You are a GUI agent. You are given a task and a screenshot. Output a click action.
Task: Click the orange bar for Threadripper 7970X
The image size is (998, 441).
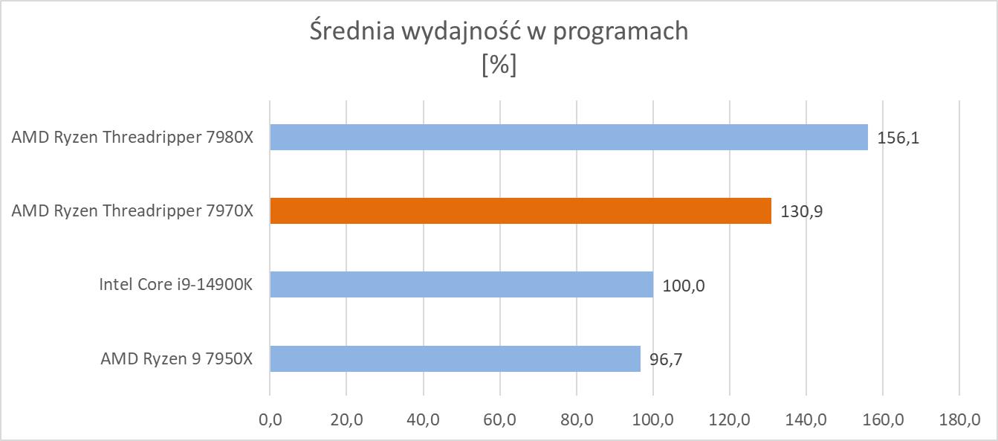pyautogui.click(x=520, y=211)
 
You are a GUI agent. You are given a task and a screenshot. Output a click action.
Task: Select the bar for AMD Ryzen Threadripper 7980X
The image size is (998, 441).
pyautogui.click(x=568, y=138)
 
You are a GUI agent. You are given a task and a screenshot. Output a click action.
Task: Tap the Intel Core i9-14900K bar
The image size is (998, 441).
pyautogui.click(x=461, y=285)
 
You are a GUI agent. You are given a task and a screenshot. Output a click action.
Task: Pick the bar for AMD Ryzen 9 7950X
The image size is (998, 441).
pyautogui.click(x=455, y=358)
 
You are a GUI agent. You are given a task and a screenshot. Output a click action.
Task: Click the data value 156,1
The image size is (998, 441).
pyautogui.click(x=898, y=138)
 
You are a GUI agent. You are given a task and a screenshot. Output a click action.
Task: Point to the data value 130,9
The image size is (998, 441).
pyautogui.click(x=802, y=212)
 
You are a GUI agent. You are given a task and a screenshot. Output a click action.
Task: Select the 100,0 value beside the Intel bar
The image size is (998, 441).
pyautogui.click(x=684, y=286)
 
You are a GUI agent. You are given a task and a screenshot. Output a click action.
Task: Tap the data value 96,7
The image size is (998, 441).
pyautogui.click(x=666, y=359)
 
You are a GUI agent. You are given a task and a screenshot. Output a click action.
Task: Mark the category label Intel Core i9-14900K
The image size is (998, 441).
pyautogui.click(x=176, y=285)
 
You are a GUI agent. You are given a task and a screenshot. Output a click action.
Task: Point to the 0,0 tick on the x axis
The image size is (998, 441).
pyautogui.click(x=270, y=420)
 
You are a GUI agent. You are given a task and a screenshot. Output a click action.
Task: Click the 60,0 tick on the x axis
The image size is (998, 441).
pyautogui.click(x=499, y=420)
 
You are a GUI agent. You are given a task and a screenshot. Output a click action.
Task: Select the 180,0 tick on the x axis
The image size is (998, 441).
pyautogui.click(x=959, y=420)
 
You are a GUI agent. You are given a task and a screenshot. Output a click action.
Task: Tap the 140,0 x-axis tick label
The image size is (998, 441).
pyautogui.click(x=806, y=420)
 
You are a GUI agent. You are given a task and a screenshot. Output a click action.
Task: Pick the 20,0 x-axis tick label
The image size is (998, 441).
pyautogui.click(x=346, y=420)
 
